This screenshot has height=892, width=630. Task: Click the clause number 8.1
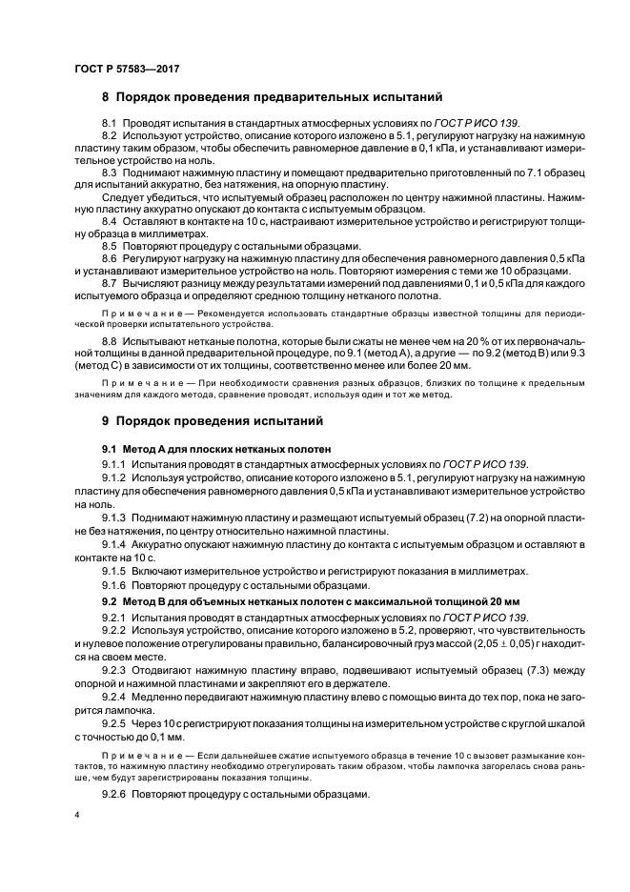click(x=109, y=125)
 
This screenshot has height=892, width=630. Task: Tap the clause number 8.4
click(x=109, y=221)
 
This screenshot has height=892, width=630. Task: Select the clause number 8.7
click(x=109, y=284)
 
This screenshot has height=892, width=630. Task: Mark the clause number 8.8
click(x=109, y=338)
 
